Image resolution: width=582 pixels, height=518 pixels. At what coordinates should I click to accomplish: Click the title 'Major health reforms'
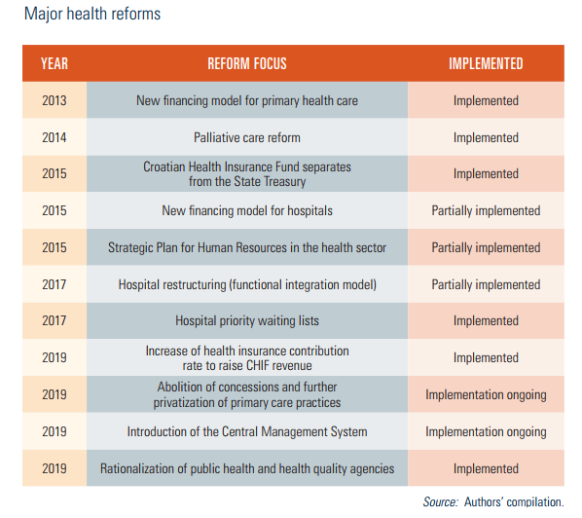(92, 14)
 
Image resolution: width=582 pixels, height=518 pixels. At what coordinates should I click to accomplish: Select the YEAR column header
(55, 63)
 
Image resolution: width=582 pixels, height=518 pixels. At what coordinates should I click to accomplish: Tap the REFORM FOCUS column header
(247, 63)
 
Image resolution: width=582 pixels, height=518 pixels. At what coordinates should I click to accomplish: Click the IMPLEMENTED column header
(486, 63)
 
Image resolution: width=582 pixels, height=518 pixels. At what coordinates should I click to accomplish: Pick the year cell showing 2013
(55, 100)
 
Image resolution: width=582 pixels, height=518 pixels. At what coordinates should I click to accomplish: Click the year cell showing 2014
(55, 137)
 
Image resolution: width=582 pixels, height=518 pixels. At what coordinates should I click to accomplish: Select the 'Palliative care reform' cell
(247, 137)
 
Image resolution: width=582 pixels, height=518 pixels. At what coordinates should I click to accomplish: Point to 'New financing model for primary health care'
(247, 100)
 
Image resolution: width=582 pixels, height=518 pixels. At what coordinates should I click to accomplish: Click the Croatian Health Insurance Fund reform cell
(247, 173)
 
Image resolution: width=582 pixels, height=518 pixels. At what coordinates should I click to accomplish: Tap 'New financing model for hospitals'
(247, 210)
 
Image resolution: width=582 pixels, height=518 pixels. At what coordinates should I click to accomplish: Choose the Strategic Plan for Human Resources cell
(247, 247)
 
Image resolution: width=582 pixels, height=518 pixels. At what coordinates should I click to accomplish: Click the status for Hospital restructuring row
(486, 285)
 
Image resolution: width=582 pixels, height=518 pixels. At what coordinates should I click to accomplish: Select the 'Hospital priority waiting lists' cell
(247, 320)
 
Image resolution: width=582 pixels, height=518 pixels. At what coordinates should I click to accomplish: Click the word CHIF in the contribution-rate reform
(257, 365)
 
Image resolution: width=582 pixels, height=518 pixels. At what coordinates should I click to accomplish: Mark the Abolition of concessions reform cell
(247, 394)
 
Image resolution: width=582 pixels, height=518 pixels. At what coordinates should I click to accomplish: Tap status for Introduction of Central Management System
(486, 432)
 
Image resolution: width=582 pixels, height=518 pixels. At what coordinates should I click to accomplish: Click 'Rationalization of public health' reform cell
(247, 468)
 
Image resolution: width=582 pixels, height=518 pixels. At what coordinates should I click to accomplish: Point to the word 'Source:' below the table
(440, 502)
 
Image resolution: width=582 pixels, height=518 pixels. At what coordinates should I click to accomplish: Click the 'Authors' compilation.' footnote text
(514, 502)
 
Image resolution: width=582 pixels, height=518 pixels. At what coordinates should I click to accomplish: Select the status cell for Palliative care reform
(486, 137)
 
